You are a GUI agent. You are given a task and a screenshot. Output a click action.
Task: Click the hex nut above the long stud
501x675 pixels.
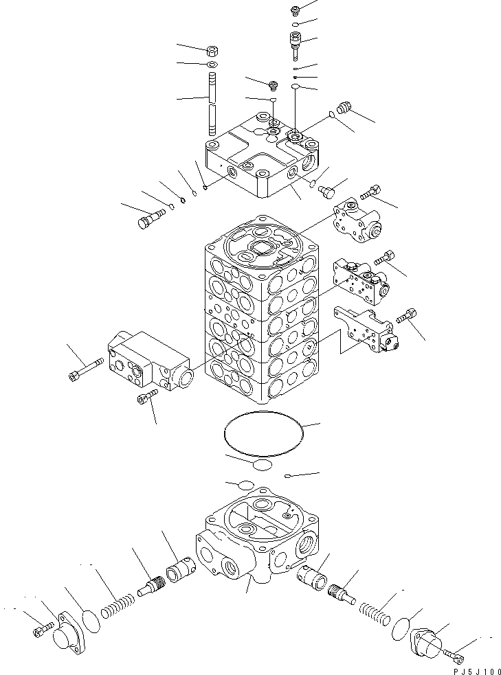212,52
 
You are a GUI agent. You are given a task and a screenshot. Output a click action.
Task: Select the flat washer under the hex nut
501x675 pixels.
212,66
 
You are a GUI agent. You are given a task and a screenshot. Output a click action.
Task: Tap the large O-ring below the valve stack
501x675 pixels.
263,432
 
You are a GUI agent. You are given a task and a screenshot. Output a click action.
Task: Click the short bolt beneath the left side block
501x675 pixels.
147,396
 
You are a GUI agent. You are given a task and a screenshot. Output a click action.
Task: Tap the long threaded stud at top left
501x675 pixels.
212,108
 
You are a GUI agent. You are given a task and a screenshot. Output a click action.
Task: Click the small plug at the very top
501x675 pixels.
295,10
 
